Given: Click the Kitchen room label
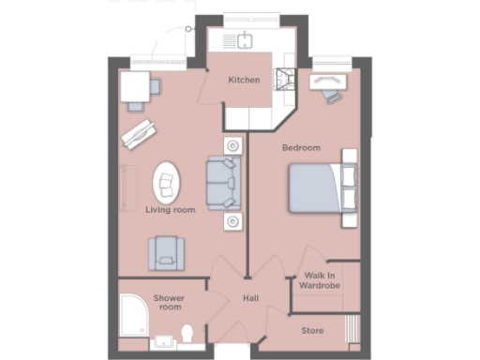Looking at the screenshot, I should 244,80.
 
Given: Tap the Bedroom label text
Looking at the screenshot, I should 301,148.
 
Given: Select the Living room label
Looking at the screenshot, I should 170,210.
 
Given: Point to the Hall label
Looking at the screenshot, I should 250,300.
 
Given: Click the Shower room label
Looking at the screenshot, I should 170,302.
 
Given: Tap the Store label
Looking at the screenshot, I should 312,331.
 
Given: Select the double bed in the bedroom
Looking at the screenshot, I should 322,187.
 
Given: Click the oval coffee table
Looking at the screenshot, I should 169,182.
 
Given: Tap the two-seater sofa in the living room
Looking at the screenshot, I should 223,183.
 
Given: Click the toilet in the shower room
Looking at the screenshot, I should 187,334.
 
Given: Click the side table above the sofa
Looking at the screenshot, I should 231,146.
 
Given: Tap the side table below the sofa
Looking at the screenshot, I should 231,220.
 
